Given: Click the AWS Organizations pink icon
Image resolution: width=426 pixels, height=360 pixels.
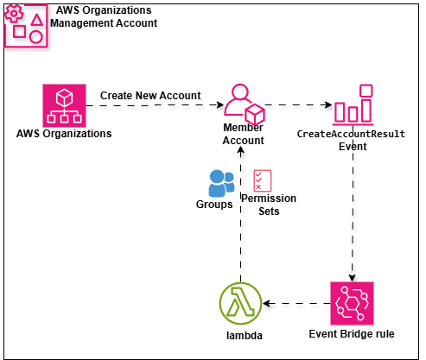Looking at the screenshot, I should pyautogui.click(x=63, y=105).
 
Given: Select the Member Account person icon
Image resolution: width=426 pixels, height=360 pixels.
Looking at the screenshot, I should pyautogui.click(x=243, y=104).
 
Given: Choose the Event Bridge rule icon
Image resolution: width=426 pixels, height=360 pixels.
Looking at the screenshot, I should pyautogui.click(x=352, y=303).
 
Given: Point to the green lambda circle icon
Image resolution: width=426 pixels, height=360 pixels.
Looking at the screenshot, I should pyautogui.click(x=241, y=303).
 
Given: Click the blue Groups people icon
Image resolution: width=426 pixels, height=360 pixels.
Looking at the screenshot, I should pyautogui.click(x=221, y=183).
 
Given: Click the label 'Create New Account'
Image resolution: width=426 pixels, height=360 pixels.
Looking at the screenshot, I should pyautogui.click(x=150, y=95).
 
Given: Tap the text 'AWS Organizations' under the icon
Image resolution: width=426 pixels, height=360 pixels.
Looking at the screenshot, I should pyautogui.click(x=63, y=134).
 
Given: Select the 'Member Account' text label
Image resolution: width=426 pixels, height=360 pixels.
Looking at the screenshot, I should pyautogui.click(x=243, y=134).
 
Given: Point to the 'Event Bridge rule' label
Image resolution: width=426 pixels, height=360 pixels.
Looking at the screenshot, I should pyautogui.click(x=351, y=332).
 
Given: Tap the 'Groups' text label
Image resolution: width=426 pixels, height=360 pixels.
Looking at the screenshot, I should pyautogui.click(x=213, y=205).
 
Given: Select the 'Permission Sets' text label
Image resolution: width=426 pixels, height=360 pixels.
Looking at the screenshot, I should pyautogui.click(x=268, y=205).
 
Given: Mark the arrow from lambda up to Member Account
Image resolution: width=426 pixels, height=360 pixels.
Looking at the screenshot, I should pyautogui.click(x=242, y=242).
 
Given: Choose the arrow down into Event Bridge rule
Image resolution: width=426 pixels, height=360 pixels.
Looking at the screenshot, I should pyautogui.click(x=352, y=216).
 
